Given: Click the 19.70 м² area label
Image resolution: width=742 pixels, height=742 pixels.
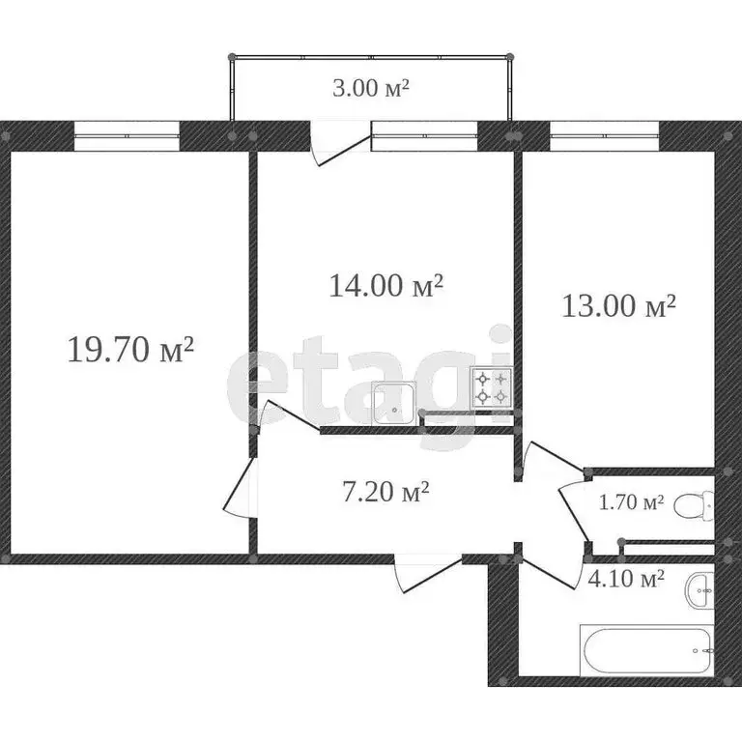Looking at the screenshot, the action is tap(131, 350).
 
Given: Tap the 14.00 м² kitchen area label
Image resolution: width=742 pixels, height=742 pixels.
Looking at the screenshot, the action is tap(385, 285).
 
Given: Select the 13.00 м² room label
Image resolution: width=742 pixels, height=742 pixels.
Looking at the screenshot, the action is tap(618, 305).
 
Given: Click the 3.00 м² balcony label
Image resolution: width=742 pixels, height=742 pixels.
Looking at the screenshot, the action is tap(371, 88).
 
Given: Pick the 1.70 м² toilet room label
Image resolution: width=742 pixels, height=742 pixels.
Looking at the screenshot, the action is tap(631, 502).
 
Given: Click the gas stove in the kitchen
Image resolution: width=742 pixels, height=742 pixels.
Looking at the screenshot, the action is tap(492, 387).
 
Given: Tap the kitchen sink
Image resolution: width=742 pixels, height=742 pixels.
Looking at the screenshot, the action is tap(394, 404).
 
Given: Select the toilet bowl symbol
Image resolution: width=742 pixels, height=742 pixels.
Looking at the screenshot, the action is tap(695, 505).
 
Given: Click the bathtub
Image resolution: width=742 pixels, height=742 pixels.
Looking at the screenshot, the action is tap(646, 650).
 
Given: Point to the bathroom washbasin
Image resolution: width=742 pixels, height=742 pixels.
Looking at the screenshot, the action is tap(699, 590).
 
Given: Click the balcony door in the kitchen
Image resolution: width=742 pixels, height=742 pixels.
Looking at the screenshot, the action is tap(340, 144).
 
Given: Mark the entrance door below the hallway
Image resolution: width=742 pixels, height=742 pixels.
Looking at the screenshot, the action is tap(427, 573).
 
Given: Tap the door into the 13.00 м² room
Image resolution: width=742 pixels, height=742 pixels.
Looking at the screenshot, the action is tap(556, 457).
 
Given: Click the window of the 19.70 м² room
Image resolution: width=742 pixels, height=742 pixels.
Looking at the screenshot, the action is tap(128, 136).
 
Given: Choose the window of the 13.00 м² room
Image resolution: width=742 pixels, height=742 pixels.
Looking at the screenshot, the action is tap(605, 136).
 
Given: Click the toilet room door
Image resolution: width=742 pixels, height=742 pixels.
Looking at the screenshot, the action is tap(574, 512).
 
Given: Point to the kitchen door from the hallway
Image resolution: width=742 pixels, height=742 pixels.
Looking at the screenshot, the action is tap(287, 416).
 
